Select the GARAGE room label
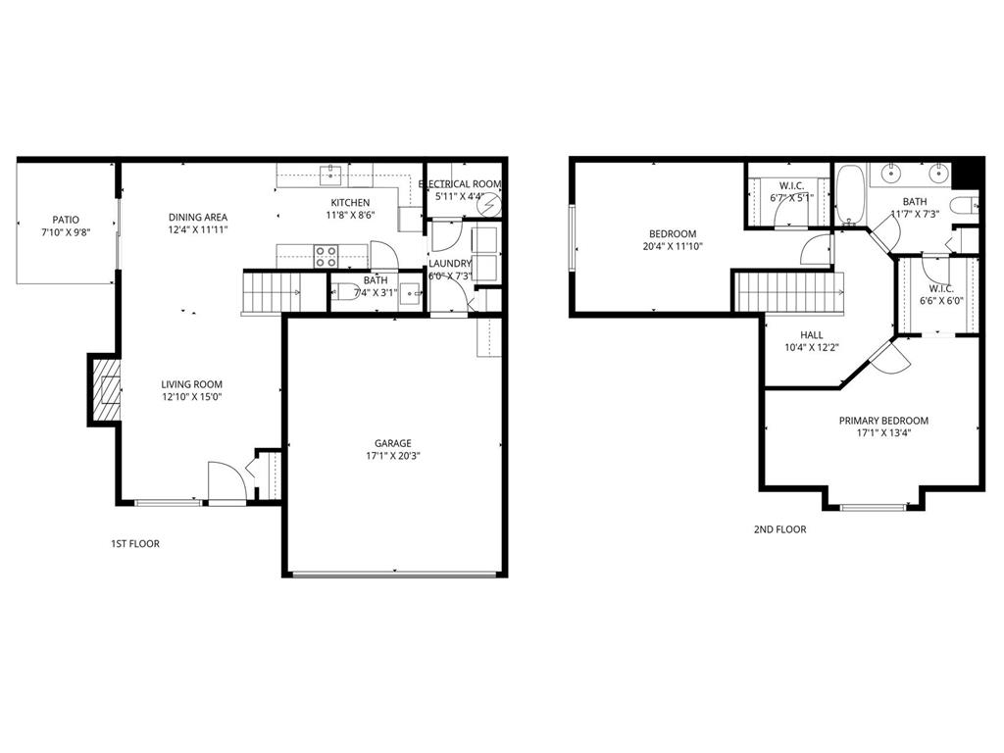click(393, 443)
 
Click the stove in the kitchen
click(326, 257)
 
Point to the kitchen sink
click(330, 176)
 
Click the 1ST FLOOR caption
click(135, 543)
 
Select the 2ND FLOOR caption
click(779, 529)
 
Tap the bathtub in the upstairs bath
click(848, 193)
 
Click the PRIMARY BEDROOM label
click(883, 421)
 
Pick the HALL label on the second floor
click(811, 334)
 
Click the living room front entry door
click(226, 483)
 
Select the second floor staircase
click(790, 291)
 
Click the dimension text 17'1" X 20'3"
click(393, 455)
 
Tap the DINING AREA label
click(198, 218)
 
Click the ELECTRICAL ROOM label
click(460, 184)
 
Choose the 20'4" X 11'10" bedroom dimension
click(673, 246)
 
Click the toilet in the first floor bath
click(344, 290)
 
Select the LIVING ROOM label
click(192, 384)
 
